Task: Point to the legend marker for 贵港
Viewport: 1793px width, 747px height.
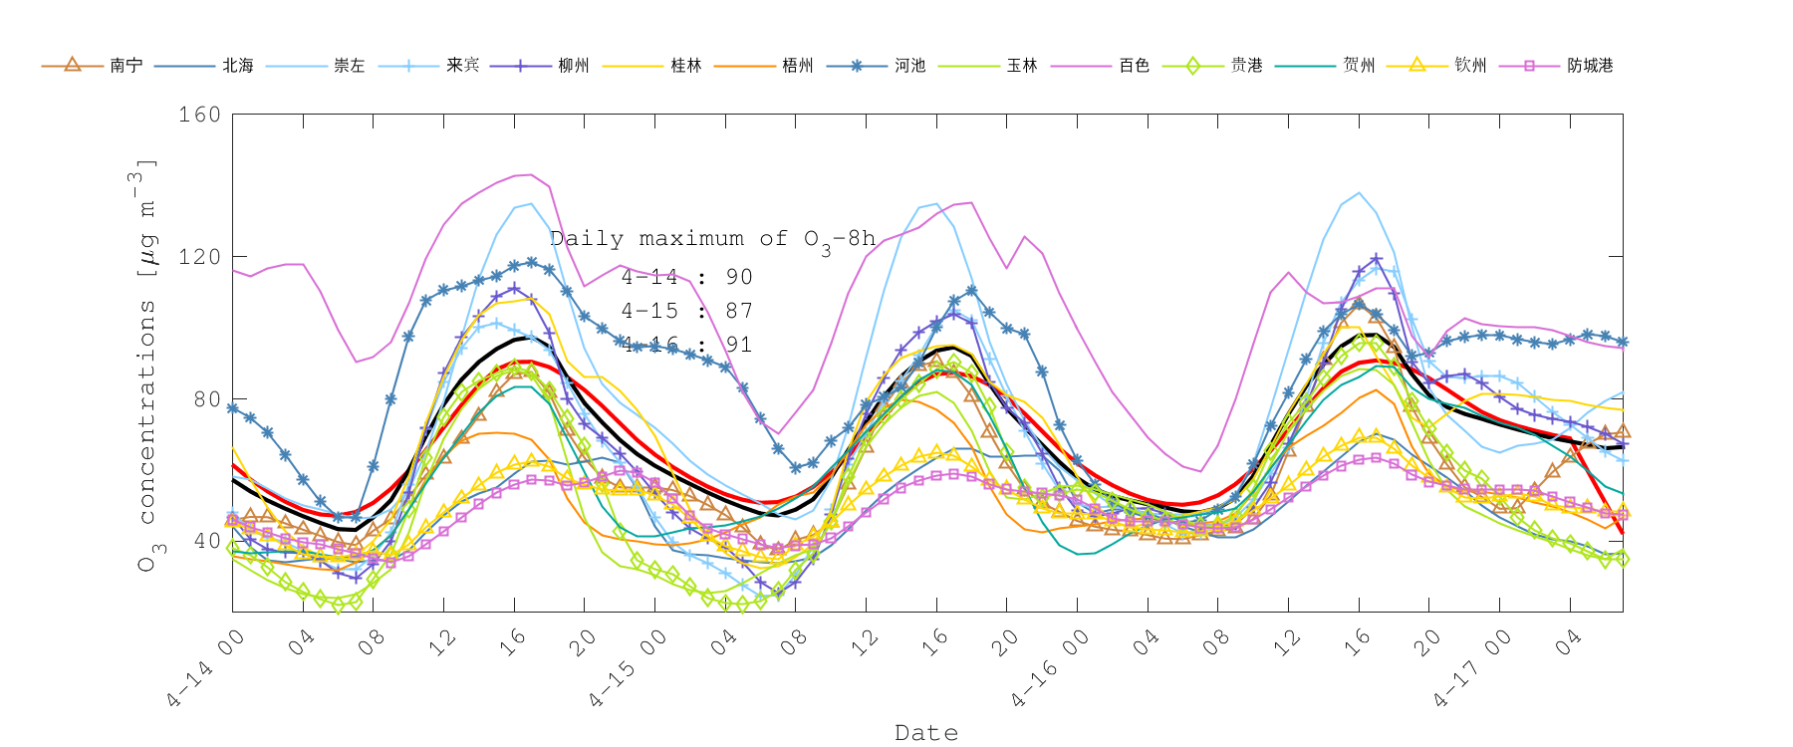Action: (x=1192, y=66)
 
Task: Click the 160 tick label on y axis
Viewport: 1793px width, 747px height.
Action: (x=199, y=115)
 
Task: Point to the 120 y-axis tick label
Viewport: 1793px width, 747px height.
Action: (x=199, y=257)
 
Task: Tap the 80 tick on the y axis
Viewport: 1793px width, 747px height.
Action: (x=204, y=399)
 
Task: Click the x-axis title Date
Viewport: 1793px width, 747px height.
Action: (x=926, y=733)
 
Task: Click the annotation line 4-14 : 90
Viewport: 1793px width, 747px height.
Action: (x=686, y=277)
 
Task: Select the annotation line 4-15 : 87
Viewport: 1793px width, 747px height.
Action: (x=686, y=311)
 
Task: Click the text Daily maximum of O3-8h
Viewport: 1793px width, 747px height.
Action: (x=712, y=239)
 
